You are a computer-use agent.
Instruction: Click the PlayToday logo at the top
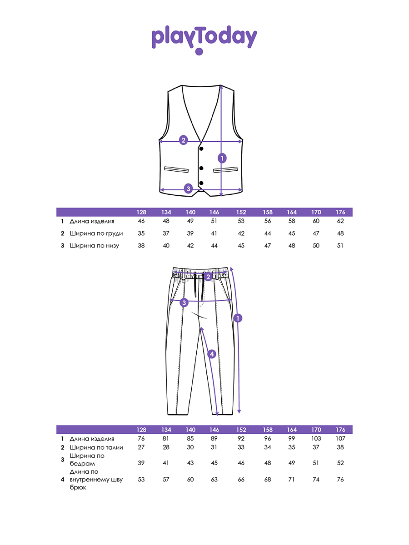click(204, 40)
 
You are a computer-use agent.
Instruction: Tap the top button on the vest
click(201, 149)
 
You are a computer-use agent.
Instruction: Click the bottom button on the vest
click(201, 183)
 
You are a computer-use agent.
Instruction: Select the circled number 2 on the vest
click(183, 140)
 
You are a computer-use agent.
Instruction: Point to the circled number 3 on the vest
click(188, 188)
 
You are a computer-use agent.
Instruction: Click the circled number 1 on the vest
click(222, 158)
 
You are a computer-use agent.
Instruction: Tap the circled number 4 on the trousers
click(212, 354)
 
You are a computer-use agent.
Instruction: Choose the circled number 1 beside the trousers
click(238, 318)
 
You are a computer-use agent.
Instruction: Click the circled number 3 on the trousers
click(184, 302)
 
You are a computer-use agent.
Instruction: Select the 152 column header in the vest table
click(241, 212)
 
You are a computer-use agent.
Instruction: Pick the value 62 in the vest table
click(340, 221)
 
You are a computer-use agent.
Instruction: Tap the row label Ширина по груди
click(96, 233)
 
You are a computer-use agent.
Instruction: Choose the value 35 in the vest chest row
click(141, 233)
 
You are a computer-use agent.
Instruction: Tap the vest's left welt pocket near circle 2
click(176, 169)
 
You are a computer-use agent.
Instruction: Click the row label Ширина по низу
click(94, 246)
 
